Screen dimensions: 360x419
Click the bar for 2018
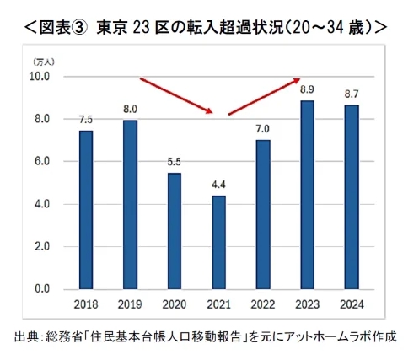point(86,210)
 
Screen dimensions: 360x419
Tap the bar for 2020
point(174,231)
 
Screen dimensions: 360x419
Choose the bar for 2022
point(262,215)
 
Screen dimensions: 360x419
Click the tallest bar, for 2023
point(307,195)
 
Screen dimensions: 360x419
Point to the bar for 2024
point(351,197)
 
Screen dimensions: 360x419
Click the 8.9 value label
point(307,89)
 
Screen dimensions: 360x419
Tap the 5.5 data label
point(174,161)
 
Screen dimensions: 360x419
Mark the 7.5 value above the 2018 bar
point(86,119)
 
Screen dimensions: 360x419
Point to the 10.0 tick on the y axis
point(39,76)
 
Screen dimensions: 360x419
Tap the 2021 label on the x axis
point(218,304)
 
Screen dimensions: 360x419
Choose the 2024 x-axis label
point(351,304)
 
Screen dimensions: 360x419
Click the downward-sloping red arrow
point(175,96)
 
